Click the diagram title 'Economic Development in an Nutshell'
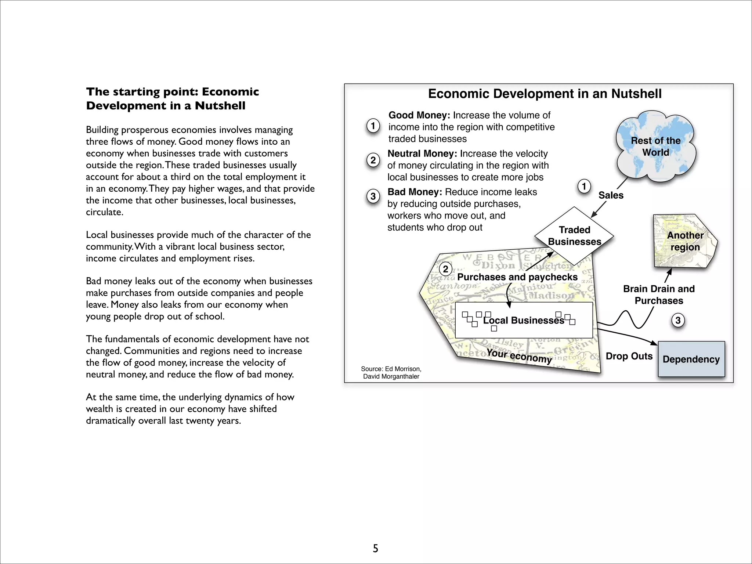[545, 94]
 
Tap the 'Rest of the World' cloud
[655, 147]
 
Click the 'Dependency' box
[691, 359]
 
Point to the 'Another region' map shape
[685, 241]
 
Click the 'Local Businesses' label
[523, 321]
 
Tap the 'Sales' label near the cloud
[611, 195]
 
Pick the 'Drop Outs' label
[629, 356]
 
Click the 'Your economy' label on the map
[519, 355]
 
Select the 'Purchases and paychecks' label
[517, 277]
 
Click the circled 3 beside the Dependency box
[678, 321]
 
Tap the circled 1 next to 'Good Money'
[373, 126]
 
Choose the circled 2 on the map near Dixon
[445, 269]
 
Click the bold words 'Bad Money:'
[415, 192]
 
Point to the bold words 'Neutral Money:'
[422, 153]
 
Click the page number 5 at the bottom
[375, 548]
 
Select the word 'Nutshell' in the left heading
[220, 106]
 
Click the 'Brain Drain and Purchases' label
[659, 295]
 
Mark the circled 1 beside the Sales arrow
[584, 186]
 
